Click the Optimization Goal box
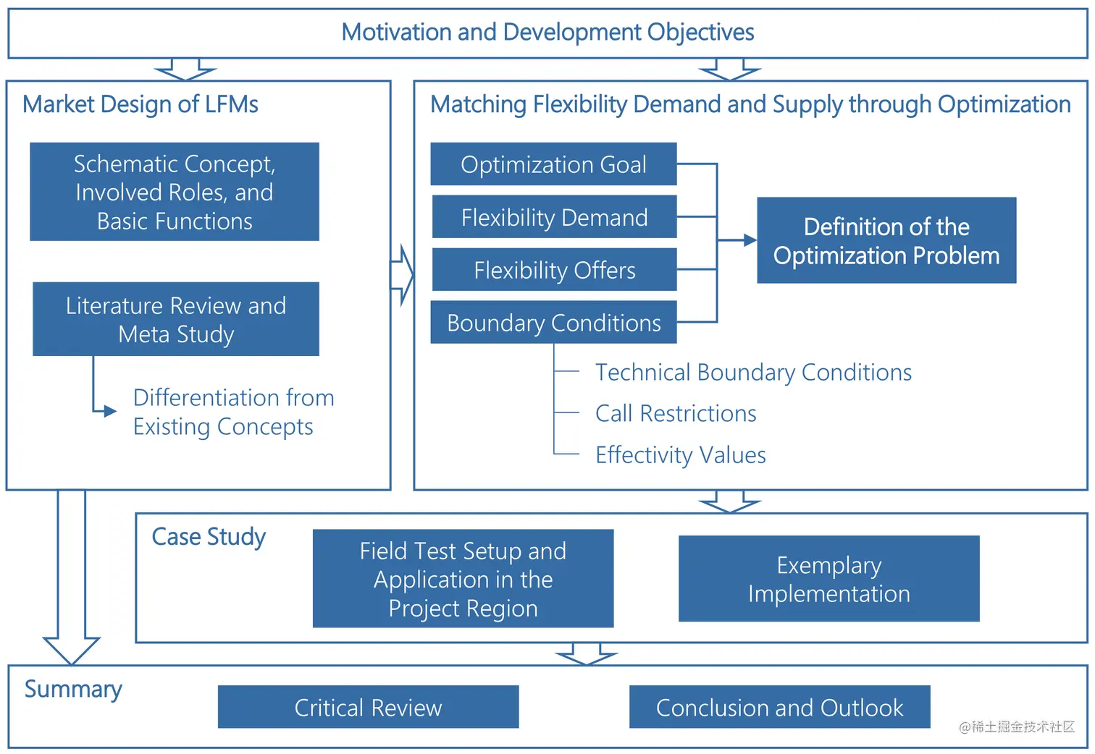coord(553,164)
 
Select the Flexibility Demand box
coord(554,217)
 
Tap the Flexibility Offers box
coord(554,270)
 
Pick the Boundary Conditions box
coord(553,323)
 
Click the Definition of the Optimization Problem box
coord(886,240)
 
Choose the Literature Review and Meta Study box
coord(175,319)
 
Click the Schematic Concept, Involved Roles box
coord(175,192)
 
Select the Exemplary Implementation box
coord(828,579)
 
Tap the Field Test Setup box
coord(463,579)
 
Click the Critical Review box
coord(368,707)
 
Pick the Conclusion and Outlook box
coord(779,707)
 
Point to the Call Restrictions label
coord(676,413)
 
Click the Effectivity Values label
coord(680,454)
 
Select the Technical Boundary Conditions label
coord(753,372)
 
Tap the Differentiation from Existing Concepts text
coord(233,412)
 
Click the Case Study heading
coord(209,537)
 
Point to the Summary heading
coord(73,689)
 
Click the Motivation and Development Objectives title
coord(547,32)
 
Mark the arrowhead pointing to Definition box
coord(750,240)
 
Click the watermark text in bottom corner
coord(1016,727)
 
